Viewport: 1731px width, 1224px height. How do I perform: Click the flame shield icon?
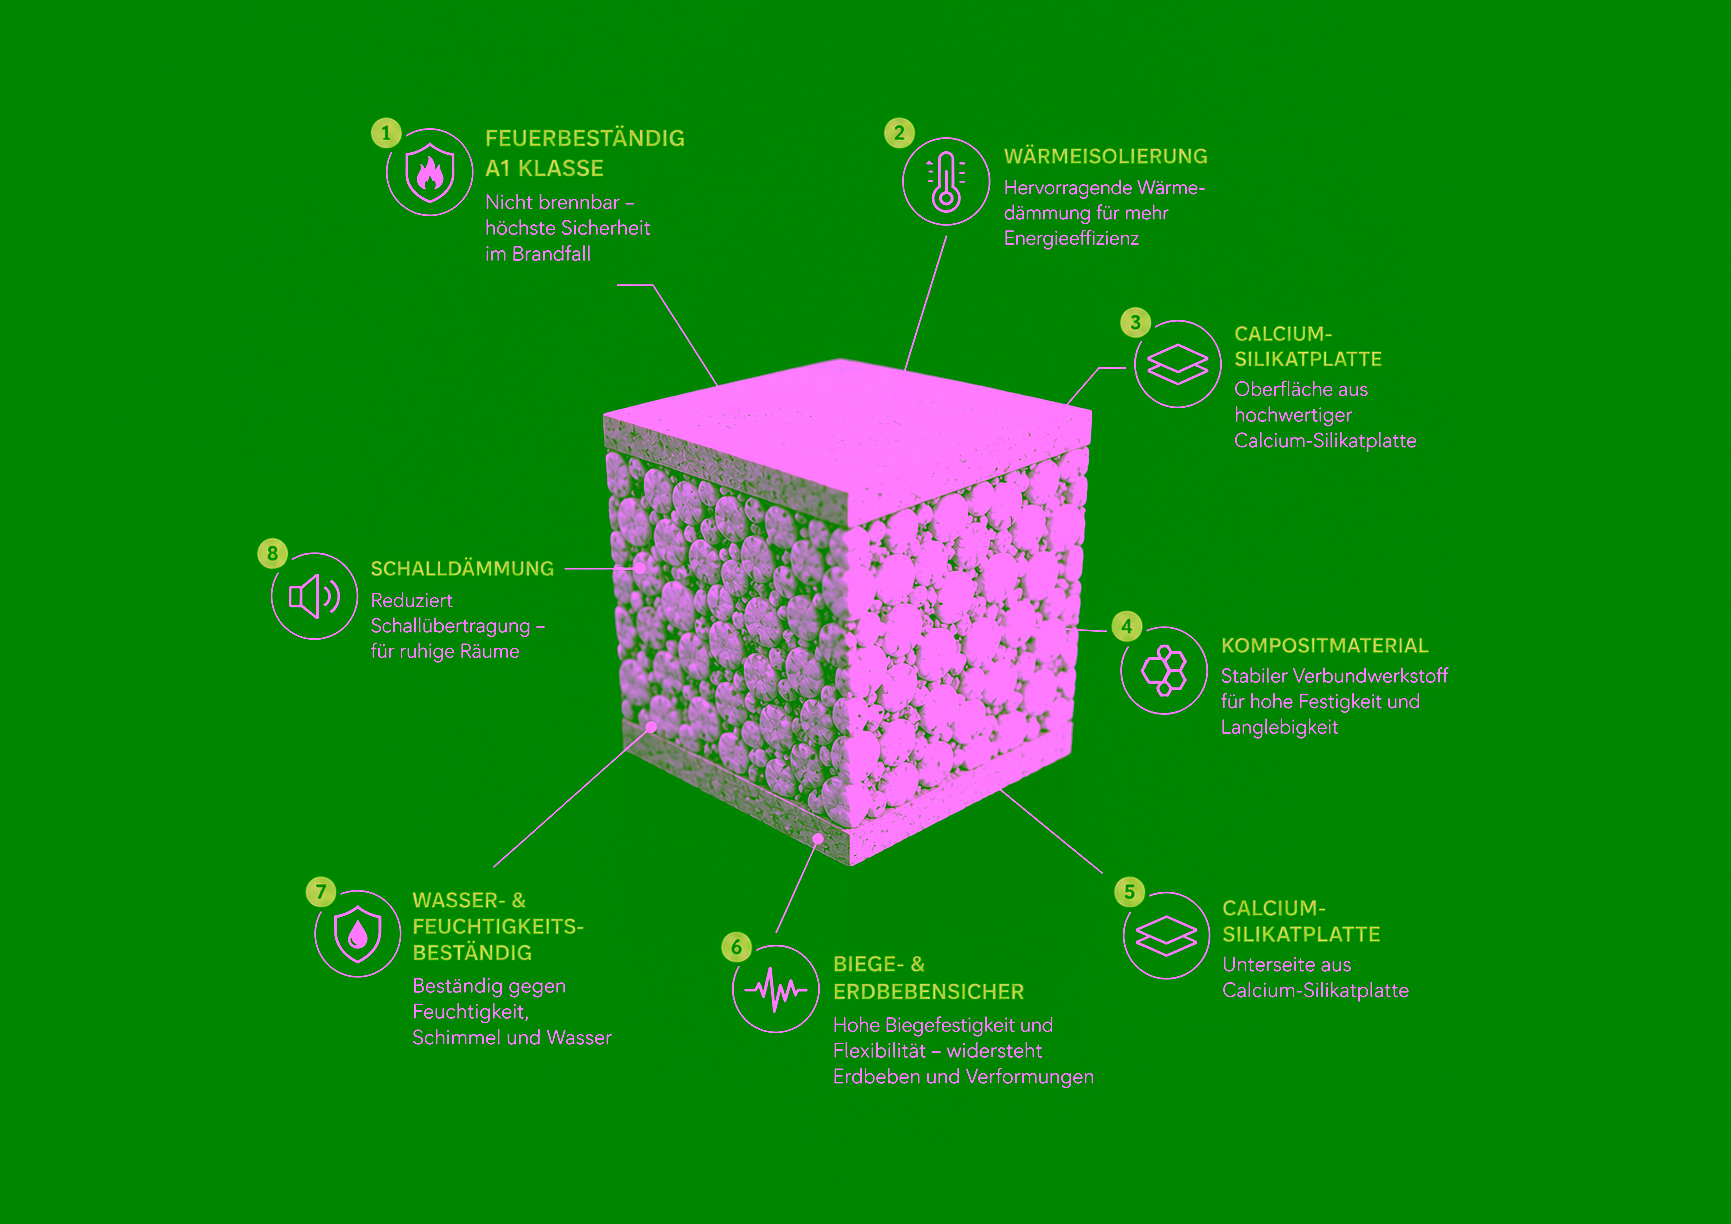[430, 172]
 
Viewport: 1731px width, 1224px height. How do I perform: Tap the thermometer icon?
[946, 181]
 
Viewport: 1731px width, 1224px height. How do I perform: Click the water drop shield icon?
[358, 933]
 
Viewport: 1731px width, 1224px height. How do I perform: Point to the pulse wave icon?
[776, 989]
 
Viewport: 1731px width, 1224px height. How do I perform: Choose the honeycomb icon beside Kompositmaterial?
[1164, 670]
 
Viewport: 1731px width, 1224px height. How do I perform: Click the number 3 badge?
[1135, 322]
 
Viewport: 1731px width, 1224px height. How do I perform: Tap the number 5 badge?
[1129, 891]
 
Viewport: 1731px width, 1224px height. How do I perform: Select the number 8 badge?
[272, 553]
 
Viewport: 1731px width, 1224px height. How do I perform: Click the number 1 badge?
[386, 133]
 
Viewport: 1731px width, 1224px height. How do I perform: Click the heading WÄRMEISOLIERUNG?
[1105, 156]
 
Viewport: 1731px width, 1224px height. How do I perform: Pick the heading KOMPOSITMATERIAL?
[1324, 645]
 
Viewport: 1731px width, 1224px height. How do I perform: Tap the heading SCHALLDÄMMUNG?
[462, 568]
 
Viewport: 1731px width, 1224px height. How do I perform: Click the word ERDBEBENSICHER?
[928, 991]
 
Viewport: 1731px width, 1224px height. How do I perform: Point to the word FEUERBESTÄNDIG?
[585, 138]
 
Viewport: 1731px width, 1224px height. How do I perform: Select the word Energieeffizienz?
[1071, 238]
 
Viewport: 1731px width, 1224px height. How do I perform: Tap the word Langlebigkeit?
[1279, 727]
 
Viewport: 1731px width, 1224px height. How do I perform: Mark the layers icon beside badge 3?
[1178, 364]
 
